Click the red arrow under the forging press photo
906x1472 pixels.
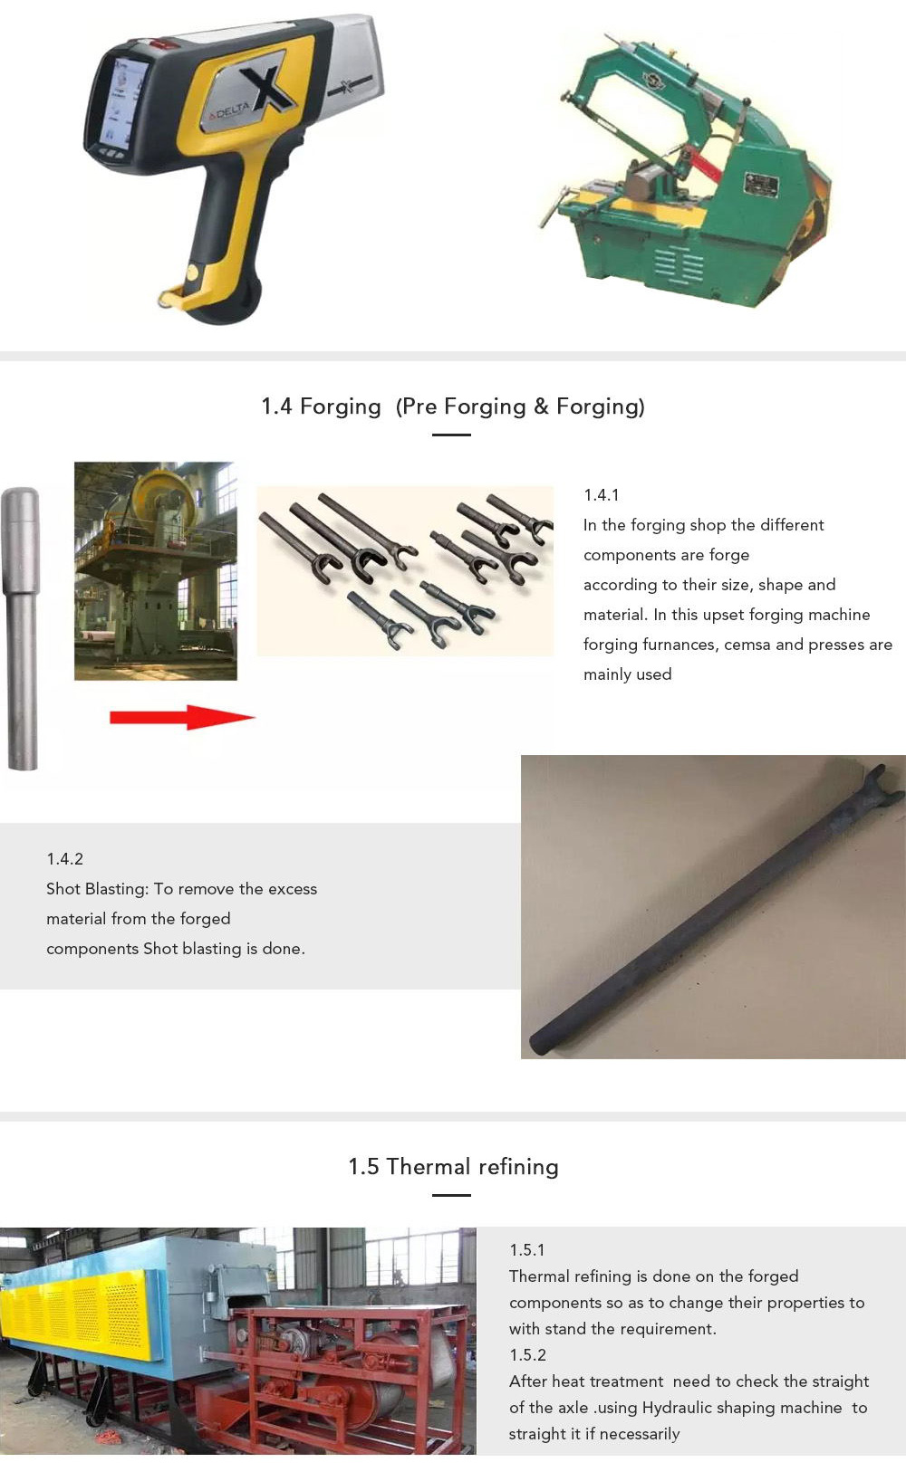[x=182, y=717]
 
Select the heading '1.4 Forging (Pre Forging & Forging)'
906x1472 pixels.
[x=453, y=406]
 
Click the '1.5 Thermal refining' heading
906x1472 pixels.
[x=453, y=1166]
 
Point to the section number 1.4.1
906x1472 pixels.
[x=601, y=495]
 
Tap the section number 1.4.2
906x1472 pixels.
[x=64, y=859]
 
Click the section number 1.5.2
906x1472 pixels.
[x=527, y=1355]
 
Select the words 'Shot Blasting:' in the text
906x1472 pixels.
[x=97, y=889]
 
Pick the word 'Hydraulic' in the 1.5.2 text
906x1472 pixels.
[x=679, y=1408]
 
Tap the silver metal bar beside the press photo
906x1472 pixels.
[x=22, y=627]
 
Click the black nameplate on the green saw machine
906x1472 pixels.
[x=761, y=184]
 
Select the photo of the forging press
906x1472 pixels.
[x=155, y=570]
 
